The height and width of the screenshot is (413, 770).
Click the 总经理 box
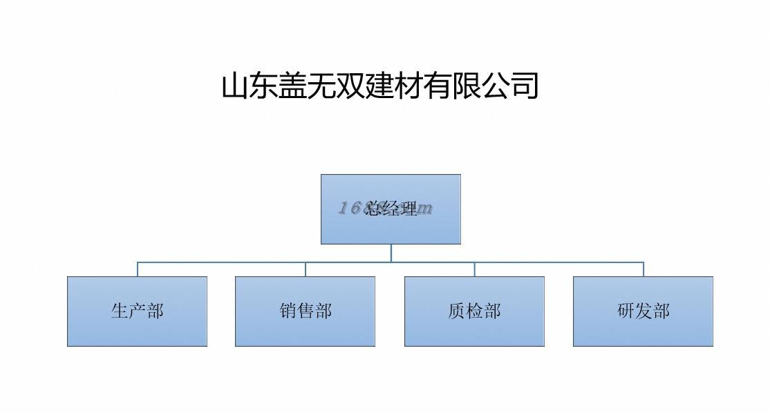point(391,209)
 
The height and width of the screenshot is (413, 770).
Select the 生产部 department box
point(137,311)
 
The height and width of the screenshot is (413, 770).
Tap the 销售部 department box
point(305,311)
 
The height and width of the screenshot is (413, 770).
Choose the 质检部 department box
point(474,311)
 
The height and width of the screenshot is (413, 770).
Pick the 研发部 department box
point(643,311)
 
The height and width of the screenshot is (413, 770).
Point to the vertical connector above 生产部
point(138,269)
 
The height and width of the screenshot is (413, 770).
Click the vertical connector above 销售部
point(306,269)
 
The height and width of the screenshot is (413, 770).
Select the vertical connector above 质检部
point(474,269)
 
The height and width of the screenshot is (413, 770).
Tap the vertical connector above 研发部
point(644,269)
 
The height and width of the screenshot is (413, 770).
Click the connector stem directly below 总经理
point(391,253)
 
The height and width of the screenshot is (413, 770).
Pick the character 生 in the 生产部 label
point(120,311)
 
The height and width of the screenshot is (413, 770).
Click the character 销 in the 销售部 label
point(288,311)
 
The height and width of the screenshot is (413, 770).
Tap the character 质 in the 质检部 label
point(457,311)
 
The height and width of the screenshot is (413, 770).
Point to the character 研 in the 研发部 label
point(626,311)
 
